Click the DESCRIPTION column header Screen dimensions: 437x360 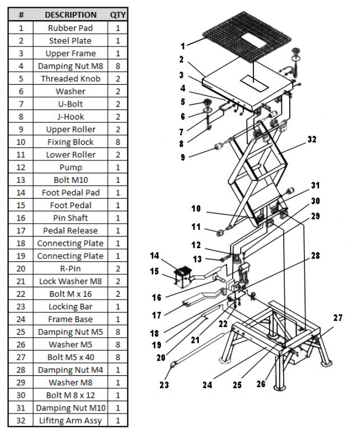71,15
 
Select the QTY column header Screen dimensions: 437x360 118,15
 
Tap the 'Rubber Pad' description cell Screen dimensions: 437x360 71,27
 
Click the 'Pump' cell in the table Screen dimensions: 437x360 71,167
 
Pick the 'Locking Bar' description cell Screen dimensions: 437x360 71,307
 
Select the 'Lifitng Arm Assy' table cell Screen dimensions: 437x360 71,421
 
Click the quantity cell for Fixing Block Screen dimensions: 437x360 118,142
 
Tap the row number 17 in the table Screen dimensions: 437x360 21,231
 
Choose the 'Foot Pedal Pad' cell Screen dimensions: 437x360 71,192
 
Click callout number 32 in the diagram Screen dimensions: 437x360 312,140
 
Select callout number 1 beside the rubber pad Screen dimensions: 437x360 183,46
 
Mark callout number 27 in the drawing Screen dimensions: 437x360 337,318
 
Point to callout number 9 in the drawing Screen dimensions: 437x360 182,158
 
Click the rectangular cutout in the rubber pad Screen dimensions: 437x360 253,42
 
